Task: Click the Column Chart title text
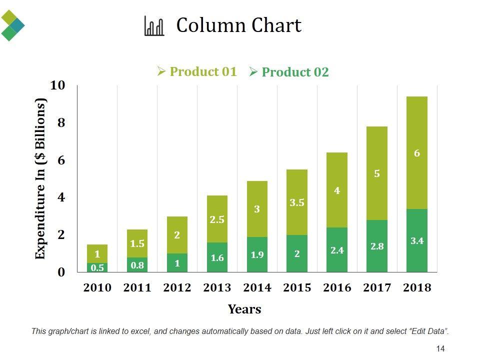238,25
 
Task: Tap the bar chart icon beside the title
154,26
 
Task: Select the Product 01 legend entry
197,71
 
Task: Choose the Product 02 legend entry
289,72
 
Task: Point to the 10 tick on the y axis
58,85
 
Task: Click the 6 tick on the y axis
61,160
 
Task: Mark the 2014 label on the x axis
257,287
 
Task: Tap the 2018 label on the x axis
417,287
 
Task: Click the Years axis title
244,309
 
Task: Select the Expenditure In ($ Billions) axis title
40,178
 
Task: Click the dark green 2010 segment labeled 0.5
97,267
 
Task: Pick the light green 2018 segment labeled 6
417,153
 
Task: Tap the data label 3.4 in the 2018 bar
417,241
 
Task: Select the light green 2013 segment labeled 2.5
217,219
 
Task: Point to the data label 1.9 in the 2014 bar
257,255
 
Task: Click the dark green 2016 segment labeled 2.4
337,250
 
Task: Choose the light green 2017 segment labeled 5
377,173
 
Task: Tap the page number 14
440,348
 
